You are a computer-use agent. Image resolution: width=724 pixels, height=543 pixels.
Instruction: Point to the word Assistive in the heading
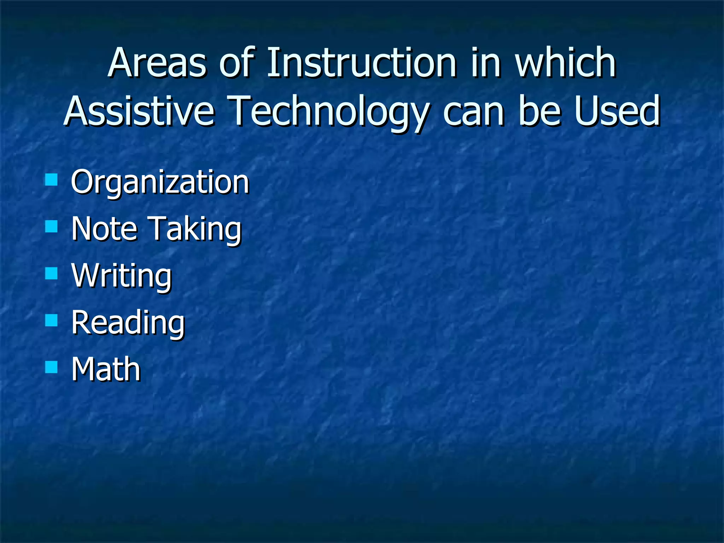139,111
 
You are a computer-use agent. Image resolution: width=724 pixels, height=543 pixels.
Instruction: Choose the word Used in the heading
617,111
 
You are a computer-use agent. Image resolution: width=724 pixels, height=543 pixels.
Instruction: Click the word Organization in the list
160,182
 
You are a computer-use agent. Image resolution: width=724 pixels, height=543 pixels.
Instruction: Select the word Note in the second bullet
104,229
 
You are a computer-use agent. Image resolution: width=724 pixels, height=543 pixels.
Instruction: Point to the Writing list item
121,276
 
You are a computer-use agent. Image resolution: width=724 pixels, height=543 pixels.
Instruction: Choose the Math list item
106,369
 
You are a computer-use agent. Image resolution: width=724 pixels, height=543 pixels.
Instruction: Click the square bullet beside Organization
52,179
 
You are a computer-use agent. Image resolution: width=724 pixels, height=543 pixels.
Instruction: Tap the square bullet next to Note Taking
52,226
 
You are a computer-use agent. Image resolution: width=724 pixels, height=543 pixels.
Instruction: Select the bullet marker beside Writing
52,273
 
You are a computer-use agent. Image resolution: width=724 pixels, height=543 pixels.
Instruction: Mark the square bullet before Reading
52,320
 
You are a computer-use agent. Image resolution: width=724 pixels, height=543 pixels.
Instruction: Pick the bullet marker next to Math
52,367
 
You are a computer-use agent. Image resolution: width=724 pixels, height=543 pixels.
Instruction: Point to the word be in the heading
539,111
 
